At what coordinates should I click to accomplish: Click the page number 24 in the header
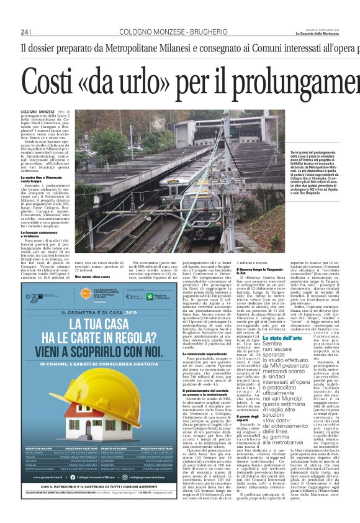(x=25, y=32)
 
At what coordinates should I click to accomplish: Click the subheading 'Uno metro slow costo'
(x=92, y=276)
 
